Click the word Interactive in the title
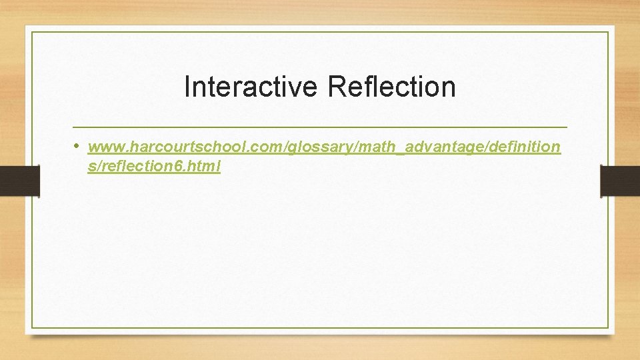252,87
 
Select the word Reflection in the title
392,87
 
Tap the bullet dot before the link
77,145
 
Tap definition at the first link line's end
522,147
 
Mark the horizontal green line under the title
320,127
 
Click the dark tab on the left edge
19,181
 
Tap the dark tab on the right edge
620,181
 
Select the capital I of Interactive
187,87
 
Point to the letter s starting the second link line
91,167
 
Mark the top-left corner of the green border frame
32,32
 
